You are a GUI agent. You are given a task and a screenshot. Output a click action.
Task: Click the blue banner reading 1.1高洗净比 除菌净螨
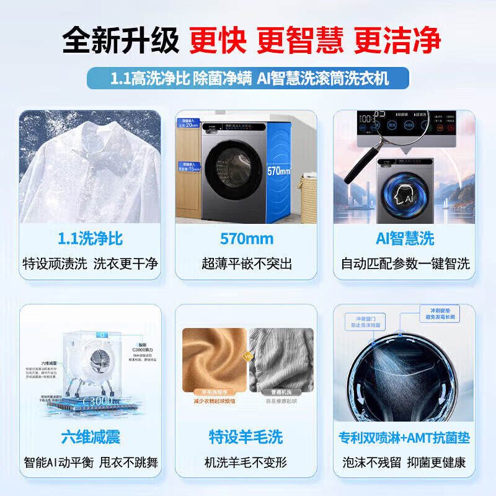248,78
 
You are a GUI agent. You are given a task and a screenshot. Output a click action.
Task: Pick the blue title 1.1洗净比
90,239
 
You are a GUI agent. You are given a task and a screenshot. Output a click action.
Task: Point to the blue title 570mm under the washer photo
246,239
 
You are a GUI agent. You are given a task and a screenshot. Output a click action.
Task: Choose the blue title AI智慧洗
405,239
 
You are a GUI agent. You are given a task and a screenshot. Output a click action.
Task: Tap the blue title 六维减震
90,437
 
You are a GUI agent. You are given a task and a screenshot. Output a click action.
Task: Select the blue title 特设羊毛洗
246,437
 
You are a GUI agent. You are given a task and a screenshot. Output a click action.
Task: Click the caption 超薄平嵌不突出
246,263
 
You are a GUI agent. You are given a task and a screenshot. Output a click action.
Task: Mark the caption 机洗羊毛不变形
246,462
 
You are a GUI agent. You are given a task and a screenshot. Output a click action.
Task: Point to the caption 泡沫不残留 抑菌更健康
405,462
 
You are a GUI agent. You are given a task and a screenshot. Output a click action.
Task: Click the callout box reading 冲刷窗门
366,321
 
